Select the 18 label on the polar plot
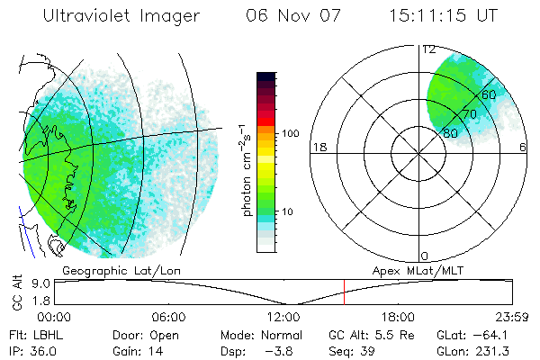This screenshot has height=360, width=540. point(318,147)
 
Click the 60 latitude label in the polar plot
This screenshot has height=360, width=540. point(489,94)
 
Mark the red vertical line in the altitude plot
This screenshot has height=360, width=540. point(344,292)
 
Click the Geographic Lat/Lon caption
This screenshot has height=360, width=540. point(109,270)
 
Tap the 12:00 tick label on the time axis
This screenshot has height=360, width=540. point(283,317)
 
